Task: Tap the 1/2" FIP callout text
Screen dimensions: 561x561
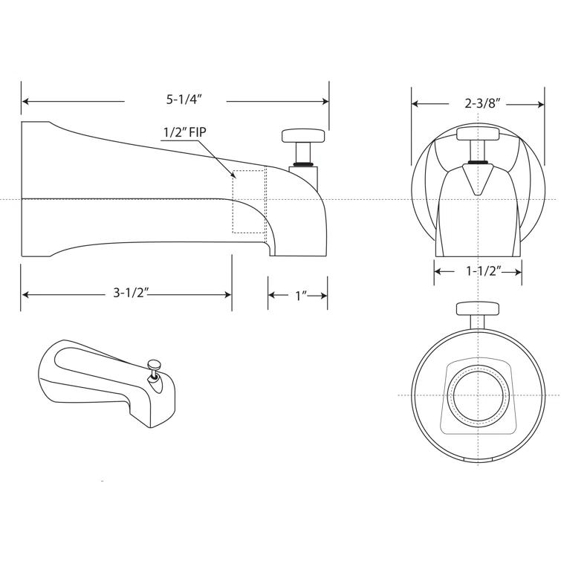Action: click(184, 133)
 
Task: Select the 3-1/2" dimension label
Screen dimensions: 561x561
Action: click(132, 294)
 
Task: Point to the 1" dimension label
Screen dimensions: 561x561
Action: click(300, 295)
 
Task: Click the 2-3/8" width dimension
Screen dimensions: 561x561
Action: click(483, 103)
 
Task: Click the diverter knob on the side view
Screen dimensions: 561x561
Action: click(302, 136)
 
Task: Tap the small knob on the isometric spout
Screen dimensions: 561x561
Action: click(155, 364)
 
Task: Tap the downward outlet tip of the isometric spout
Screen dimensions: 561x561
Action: click(158, 423)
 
